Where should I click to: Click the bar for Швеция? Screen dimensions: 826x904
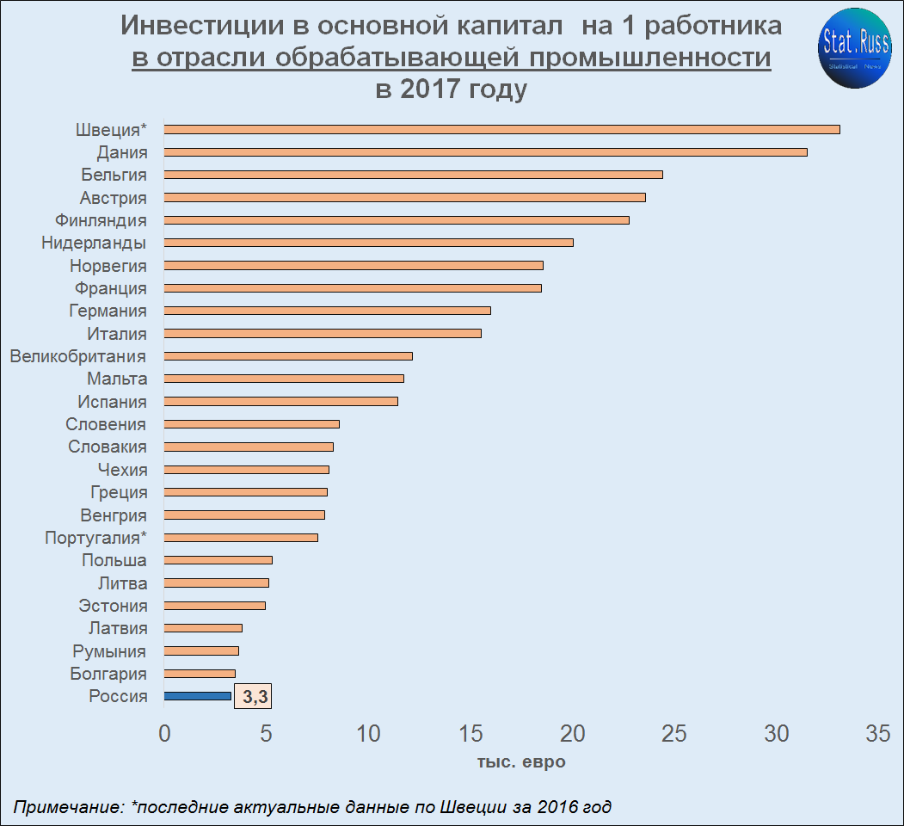click(501, 129)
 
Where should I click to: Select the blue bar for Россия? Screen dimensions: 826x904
click(198, 696)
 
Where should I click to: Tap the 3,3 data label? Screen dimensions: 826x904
click(253, 697)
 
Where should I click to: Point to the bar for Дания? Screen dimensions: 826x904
click(485, 152)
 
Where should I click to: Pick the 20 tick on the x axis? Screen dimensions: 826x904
click(573, 734)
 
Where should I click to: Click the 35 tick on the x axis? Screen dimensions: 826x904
click(877, 734)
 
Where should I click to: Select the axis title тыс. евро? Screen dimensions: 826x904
click(521, 762)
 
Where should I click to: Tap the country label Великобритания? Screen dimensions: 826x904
click(78, 356)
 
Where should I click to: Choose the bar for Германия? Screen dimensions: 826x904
click(327, 311)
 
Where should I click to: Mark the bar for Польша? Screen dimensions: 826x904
click(218, 560)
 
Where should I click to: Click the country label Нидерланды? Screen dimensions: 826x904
click(94, 243)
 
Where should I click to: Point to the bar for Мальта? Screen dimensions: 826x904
click(284, 379)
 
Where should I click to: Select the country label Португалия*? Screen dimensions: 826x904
click(95, 538)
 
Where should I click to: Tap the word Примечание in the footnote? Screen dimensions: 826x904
click(68, 807)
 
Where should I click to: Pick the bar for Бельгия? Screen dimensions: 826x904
click(413, 175)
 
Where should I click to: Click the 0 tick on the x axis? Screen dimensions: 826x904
click(164, 734)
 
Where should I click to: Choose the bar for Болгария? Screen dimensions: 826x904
click(200, 674)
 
